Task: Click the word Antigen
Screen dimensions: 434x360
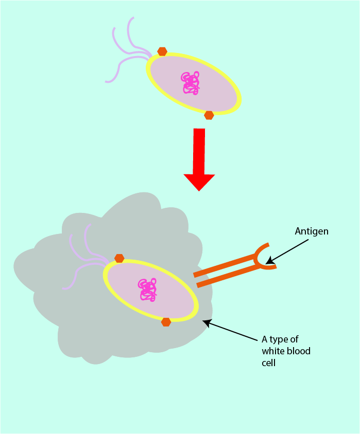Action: (x=311, y=231)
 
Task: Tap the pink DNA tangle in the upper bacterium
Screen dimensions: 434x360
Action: (x=191, y=83)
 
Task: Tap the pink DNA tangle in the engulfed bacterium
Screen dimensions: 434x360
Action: (x=147, y=290)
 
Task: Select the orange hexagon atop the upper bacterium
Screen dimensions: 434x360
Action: (x=162, y=51)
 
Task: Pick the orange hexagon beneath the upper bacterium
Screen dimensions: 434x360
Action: (x=209, y=115)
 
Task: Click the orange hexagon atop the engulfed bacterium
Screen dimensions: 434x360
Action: (x=119, y=258)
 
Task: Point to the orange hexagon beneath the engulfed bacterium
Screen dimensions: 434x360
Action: (x=166, y=322)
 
